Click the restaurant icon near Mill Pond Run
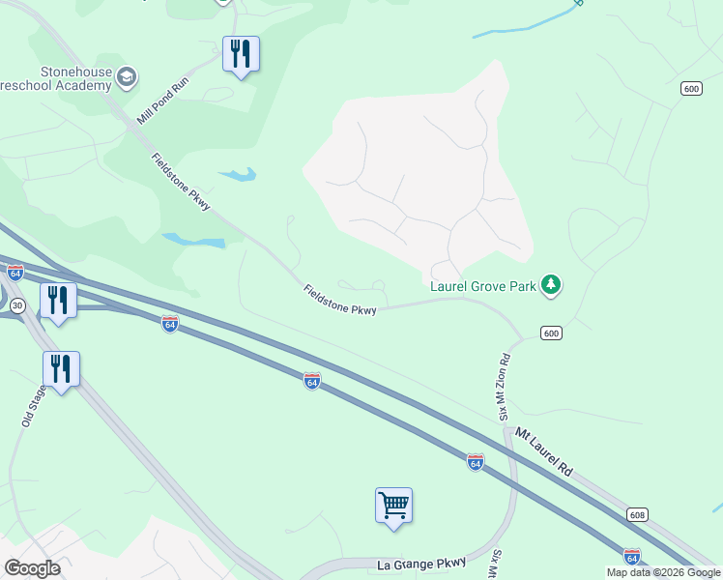point(241,53)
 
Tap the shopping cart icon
point(393,505)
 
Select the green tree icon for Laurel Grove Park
point(552,284)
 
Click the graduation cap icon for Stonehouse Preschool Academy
point(126,76)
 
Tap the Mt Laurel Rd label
point(544,450)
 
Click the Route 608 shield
point(636,514)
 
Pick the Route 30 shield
point(16,304)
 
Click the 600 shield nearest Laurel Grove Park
point(551,333)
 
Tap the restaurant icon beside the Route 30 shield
point(58,301)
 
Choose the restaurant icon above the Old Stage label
point(61,368)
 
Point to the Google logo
point(32,568)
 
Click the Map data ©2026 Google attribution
point(663,572)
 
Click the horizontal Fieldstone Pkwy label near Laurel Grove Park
point(339,300)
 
